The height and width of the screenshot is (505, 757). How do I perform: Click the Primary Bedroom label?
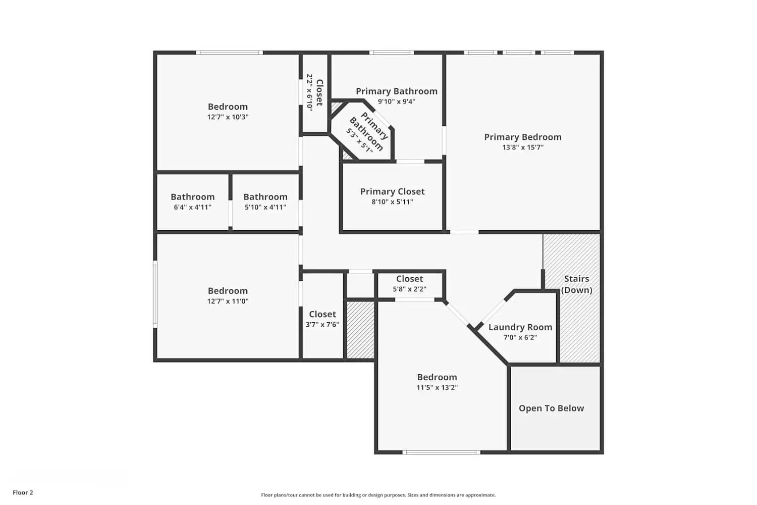tap(522, 137)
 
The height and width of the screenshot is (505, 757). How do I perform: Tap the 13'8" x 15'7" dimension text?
tap(522, 147)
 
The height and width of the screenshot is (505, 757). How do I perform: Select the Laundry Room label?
tap(520, 327)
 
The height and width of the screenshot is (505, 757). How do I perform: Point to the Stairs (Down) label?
tap(576, 284)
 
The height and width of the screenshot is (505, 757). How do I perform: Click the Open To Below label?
tap(551, 408)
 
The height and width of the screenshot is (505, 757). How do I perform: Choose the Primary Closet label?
tap(392, 191)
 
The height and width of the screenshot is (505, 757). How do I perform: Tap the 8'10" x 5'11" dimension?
tap(392, 202)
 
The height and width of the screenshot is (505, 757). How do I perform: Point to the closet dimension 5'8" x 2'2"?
tap(409, 289)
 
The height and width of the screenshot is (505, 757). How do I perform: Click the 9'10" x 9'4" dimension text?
tap(396, 102)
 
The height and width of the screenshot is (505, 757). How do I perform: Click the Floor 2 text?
tap(23, 492)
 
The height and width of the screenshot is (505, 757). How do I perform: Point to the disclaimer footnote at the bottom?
tap(378, 495)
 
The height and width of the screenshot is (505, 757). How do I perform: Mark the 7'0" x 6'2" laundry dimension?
tap(520, 337)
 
